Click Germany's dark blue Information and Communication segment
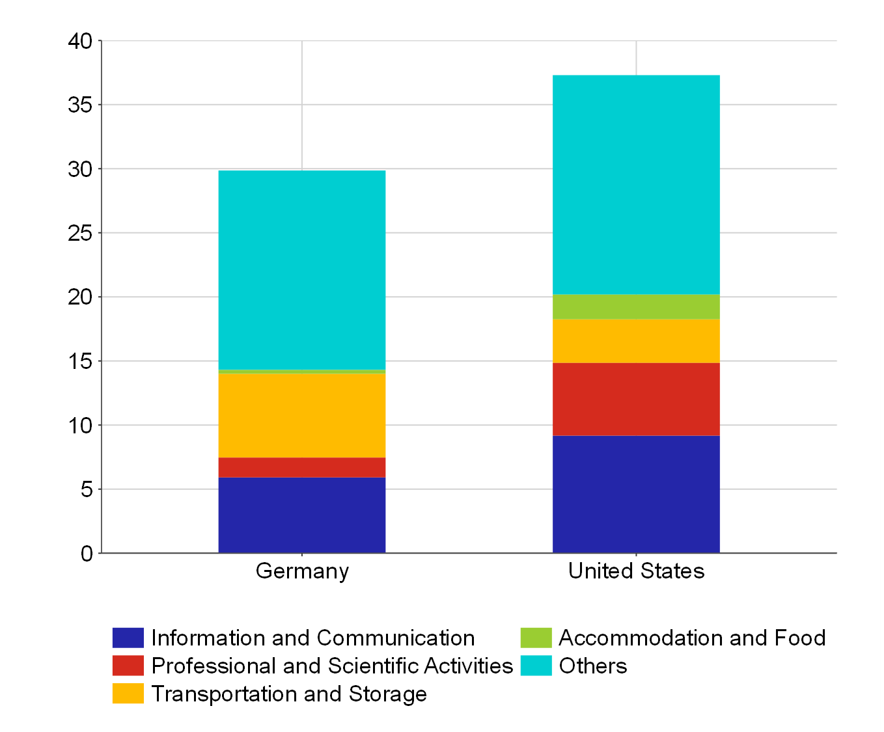pyautogui.click(x=301, y=515)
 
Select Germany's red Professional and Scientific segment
pyautogui.click(x=301, y=467)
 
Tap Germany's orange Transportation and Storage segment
pyautogui.click(x=301, y=415)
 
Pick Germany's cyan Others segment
pyautogui.click(x=301, y=270)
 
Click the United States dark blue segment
pyautogui.click(x=636, y=494)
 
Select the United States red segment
pyautogui.click(x=636, y=399)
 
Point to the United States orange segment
pyautogui.click(x=636, y=341)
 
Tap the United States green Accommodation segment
pyautogui.click(x=636, y=307)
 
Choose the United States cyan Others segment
pyautogui.click(x=636, y=185)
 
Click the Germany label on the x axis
pyautogui.click(x=302, y=571)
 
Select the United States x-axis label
pyautogui.click(x=636, y=571)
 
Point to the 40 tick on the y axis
pyautogui.click(x=81, y=41)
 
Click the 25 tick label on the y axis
pyautogui.click(x=81, y=233)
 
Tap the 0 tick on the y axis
pyautogui.click(x=87, y=553)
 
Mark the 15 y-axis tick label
pyautogui.click(x=81, y=361)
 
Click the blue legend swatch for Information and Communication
pyautogui.click(x=128, y=638)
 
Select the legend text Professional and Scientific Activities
pyautogui.click(x=332, y=666)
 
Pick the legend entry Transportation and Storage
pyautogui.click(x=289, y=694)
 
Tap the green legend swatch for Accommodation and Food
pyautogui.click(x=536, y=638)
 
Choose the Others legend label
pyautogui.click(x=592, y=666)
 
